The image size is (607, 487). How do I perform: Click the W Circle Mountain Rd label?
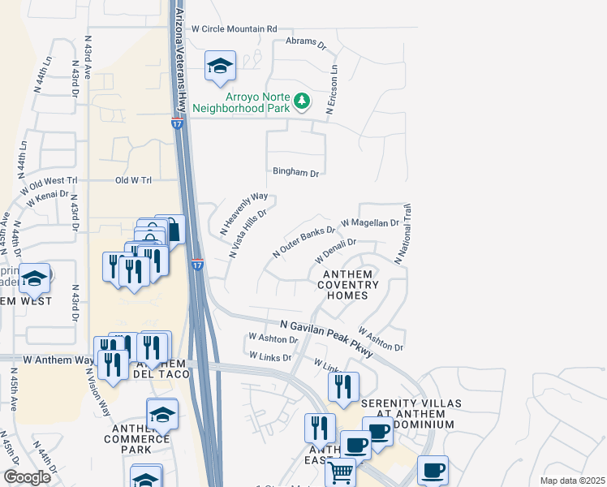click(x=234, y=28)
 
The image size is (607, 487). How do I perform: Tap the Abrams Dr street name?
click(x=306, y=41)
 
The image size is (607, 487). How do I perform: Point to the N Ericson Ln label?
click(x=332, y=90)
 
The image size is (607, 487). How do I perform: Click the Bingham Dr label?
click(x=296, y=173)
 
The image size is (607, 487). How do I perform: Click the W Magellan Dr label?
click(x=370, y=222)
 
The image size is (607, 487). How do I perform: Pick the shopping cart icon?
click(x=341, y=471)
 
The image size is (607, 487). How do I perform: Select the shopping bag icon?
click(x=170, y=230)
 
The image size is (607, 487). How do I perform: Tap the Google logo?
click(x=28, y=477)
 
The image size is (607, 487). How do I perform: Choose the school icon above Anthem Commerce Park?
click(x=162, y=414)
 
